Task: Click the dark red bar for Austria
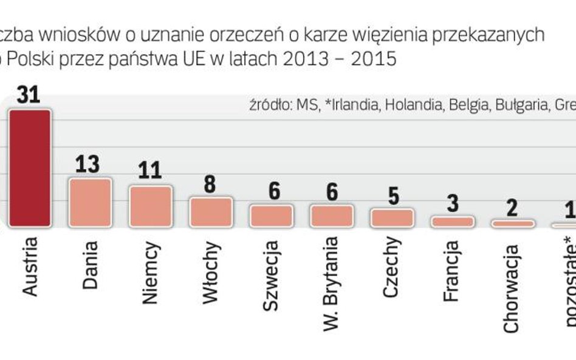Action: [30, 168]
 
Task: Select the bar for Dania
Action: [90, 202]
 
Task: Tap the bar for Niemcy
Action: [150, 206]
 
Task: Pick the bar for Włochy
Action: [210, 211]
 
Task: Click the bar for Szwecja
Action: [271, 216]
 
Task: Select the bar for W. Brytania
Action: [331, 216]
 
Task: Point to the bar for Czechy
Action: [392, 217]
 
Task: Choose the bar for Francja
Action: [452, 222]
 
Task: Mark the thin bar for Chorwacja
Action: [513, 223]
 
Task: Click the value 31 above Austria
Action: [29, 97]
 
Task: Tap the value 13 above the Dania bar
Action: [89, 164]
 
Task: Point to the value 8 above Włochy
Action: [210, 184]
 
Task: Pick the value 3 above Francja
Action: [452, 203]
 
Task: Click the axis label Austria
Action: [29, 266]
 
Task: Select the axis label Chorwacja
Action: [512, 280]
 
